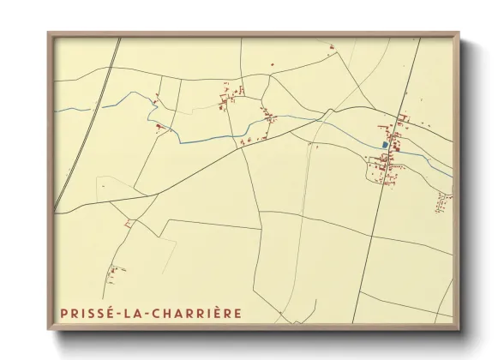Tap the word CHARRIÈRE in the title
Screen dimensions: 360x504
(199, 314)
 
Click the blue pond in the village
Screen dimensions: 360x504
(383, 145)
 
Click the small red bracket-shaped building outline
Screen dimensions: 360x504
(159, 129)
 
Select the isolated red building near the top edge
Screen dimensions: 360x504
(272, 64)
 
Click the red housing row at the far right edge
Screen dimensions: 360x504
(443, 201)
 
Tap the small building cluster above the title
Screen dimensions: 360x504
(112, 273)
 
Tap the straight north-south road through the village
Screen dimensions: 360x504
(377, 214)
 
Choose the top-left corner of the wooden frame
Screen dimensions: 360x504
(49, 34)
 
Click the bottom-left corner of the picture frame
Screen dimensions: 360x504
(49, 329)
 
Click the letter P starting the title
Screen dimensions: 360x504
(64, 314)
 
